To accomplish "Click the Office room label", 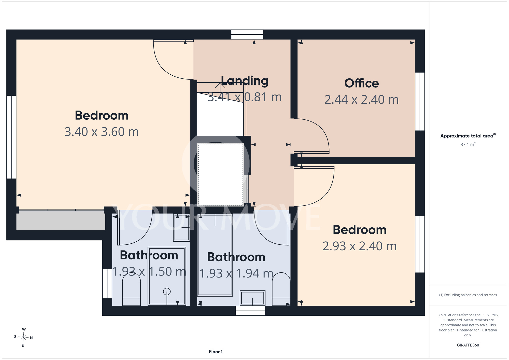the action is (361, 83).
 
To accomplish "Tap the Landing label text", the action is (245, 81).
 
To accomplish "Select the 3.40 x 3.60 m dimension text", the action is (102, 132).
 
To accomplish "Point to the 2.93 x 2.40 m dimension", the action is (360, 246).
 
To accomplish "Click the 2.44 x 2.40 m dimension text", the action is (361, 99).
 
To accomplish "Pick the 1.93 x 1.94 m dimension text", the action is (236, 273).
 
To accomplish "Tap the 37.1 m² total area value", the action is (468, 144).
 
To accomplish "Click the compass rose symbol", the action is (23, 337).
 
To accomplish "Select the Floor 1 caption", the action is (216, 352).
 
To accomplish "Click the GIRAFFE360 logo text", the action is (468, 345).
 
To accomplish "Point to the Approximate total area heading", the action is (468, 136).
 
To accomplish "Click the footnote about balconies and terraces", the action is (468, 295).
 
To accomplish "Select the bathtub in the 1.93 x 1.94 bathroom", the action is (215, 255).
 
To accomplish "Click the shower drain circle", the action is (167, 291).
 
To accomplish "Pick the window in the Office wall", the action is (420, 101).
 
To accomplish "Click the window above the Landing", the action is (247, 35).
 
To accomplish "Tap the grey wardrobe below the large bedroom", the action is (61, 220).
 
